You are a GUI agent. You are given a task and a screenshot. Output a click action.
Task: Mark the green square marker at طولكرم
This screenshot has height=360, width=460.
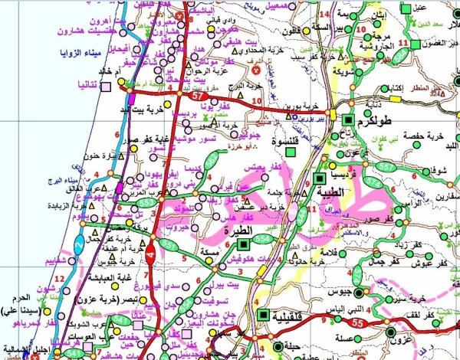pos(347,120)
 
